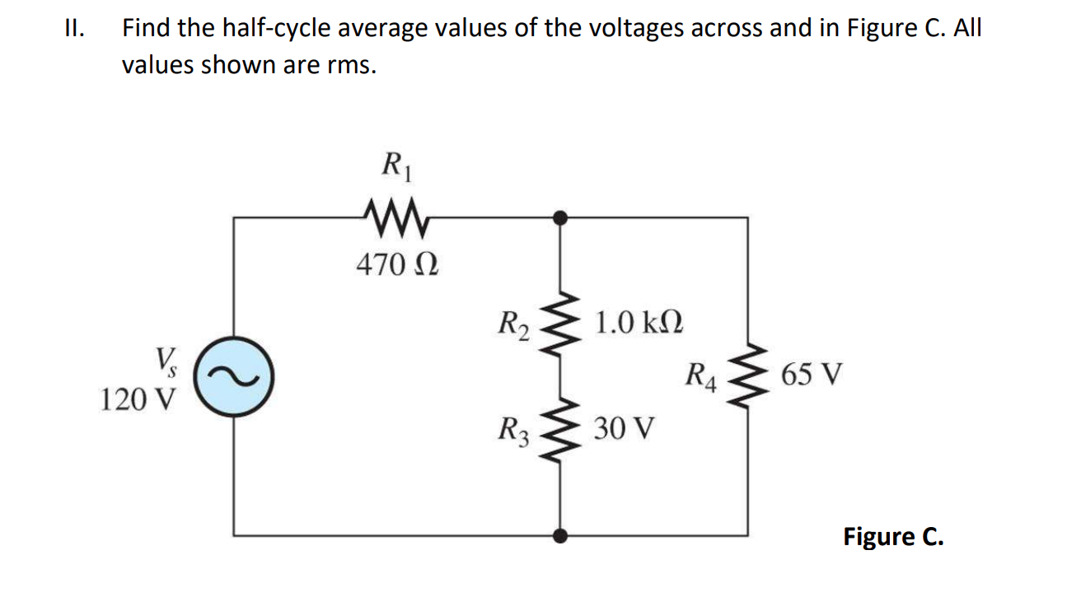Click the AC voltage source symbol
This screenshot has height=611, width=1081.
point(233,377)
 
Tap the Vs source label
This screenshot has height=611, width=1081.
point(164,361)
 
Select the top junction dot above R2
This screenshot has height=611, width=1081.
point(560,217)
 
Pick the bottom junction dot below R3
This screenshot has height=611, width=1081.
point(560,536)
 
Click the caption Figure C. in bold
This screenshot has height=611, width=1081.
point(893,537)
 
